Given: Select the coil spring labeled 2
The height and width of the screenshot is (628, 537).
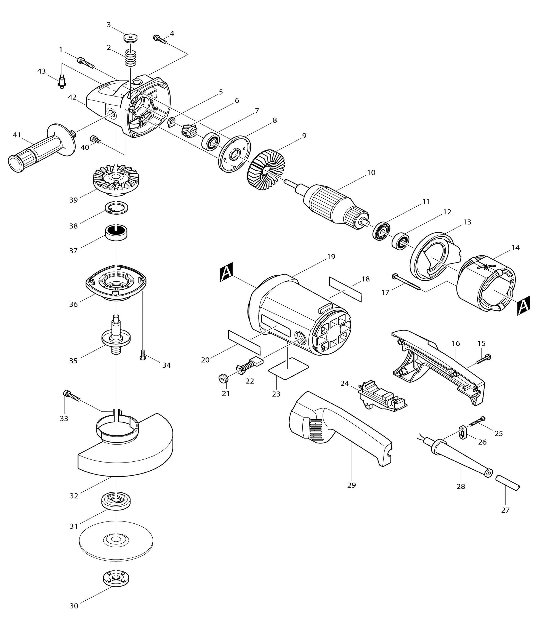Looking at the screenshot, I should pos(131,58).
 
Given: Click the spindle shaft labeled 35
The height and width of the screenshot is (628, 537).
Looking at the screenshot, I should pos(116,336).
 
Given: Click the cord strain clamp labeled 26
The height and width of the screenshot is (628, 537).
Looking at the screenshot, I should pos(462,432).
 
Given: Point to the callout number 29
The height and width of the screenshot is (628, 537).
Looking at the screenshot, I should pos(351,485).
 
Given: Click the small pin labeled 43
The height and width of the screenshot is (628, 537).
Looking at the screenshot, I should pos(62,82).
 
